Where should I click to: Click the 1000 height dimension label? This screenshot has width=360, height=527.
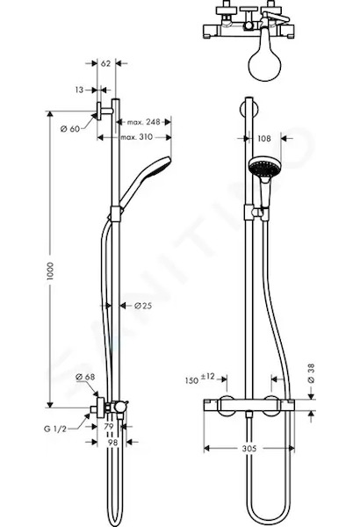(x=50, y=271)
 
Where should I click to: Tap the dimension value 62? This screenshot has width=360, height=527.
(x=105, y=63)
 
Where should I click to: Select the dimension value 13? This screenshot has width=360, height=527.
(x=79, y=90)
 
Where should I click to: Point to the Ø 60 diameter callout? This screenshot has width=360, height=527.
(x=70, y=128)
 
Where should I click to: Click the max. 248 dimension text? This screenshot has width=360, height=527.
(x=143, y=122)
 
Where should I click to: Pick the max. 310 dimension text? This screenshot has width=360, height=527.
(x=136, y=137)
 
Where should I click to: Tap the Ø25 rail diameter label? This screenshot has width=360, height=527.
(x=143, y=306)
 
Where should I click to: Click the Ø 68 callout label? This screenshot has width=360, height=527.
(x=85, y=377)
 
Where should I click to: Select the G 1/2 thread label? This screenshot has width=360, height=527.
(x=55, y=429)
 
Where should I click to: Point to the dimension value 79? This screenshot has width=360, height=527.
(x=109, y=427)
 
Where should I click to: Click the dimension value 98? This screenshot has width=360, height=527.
(x=112, y=443)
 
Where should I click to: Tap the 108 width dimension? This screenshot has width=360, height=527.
(x=264, y=138)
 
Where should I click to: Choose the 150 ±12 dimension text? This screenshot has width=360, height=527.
(x=199, y=379)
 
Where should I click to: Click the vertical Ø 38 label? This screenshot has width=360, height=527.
(x=311, y=373)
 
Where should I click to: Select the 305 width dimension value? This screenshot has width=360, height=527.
(x=249, y=449)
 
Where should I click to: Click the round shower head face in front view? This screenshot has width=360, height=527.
(x=265, y=167)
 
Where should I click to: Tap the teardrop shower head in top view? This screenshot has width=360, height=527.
(x=264, y=63)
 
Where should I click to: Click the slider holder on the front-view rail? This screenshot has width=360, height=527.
(x=256, y=213)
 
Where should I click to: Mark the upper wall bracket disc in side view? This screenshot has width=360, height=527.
(x=99, y=112)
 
